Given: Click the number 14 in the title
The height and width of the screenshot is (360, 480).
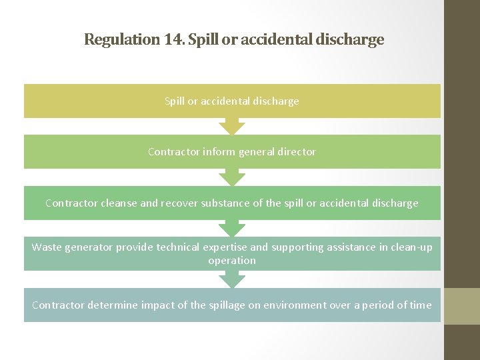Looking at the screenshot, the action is tap(172, 39).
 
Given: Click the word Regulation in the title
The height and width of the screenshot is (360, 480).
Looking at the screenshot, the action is tap(122, 39).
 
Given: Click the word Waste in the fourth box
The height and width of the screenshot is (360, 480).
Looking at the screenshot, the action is tap(47, 247).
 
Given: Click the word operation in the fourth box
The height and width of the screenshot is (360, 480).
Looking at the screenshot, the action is tap(232, 261).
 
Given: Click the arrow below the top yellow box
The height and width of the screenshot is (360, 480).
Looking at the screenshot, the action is tap(232, 127).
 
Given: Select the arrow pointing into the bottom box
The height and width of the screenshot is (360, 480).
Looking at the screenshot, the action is tap(232, 280).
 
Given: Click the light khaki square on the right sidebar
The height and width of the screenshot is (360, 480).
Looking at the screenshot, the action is tap(462, 305).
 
